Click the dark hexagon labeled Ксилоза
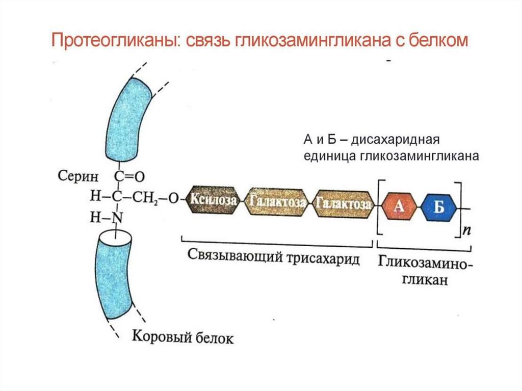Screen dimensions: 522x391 click(x=213, y=200)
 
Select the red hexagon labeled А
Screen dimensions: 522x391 click(x=399, y=207)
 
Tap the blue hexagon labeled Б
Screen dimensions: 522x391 click(x=439, y=207)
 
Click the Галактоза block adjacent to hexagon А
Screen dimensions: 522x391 click(x=343, y=204)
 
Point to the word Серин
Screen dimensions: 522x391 click(x=78, y=175)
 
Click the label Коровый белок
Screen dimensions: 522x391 click(x=183, y=337)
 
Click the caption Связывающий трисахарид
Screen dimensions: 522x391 click(x=273, y=257)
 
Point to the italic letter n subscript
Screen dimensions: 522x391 click(x=466, y=230)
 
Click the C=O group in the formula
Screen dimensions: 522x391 click(x=129, y=176)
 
